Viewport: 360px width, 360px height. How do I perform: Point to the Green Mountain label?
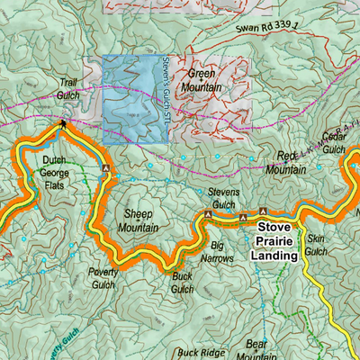click(x=204, y=82)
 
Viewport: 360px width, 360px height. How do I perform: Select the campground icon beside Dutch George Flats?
click(x=105, y=168)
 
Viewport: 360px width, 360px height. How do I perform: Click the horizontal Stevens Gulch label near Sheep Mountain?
click(x=223, y=198)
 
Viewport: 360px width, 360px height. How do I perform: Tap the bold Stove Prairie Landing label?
click(x=274, y=242)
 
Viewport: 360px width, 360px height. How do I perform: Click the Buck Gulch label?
click(x=183, y=283)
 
